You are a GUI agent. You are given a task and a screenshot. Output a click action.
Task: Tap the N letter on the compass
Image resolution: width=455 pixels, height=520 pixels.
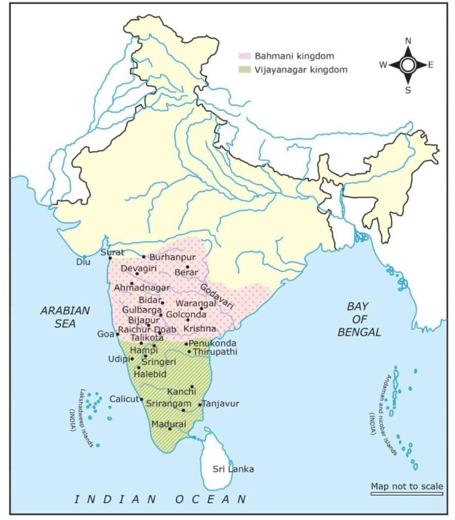pos(408,41)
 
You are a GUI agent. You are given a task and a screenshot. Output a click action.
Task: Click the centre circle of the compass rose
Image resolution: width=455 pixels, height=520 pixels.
pos(408,64)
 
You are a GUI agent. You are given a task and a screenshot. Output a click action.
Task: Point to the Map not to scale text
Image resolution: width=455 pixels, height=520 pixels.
pos(406,486)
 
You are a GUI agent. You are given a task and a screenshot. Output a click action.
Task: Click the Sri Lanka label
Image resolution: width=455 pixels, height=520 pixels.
pos(233,469)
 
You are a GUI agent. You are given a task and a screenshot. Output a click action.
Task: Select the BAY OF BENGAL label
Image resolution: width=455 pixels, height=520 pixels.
pos(363,319)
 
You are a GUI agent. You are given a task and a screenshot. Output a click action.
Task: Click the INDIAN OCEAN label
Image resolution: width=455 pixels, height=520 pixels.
pos(160,499)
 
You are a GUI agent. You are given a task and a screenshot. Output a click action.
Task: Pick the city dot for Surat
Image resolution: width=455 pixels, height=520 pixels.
pos(110,258)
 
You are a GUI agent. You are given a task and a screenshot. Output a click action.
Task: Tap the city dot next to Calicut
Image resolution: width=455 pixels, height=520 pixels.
pos(141,400)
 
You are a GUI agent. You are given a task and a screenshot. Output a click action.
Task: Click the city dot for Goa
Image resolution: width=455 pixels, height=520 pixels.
pos(118,334)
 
